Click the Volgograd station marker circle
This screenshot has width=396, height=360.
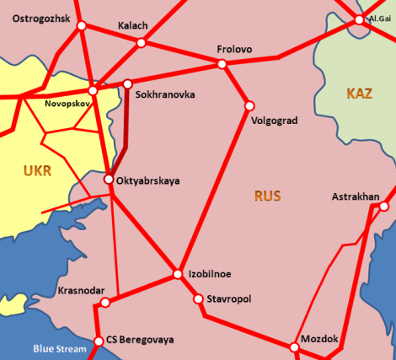pos(249,105)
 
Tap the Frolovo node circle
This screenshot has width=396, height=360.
pos(222,64)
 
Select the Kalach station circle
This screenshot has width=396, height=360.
pos(141,42)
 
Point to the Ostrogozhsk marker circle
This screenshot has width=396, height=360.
pos(82,26)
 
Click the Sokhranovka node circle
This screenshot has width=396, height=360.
pos(128,83)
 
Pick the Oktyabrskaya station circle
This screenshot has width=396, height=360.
pos(109,179)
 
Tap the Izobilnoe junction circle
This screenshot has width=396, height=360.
pos(178,274)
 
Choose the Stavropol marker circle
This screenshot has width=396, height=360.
pos(199,298)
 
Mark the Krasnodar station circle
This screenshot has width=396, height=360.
pos(105,302)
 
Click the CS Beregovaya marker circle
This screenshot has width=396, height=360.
pos(99,341)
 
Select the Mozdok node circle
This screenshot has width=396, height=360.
pos(294,347)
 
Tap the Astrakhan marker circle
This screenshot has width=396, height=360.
pos(383,206)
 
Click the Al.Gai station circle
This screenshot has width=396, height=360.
pos(360,19)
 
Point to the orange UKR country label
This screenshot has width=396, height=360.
pos(38,171)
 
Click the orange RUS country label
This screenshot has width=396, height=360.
pos(267,196)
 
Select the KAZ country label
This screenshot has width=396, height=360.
pos(359,94)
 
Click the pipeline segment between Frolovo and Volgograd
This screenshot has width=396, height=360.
pos(236,84)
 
